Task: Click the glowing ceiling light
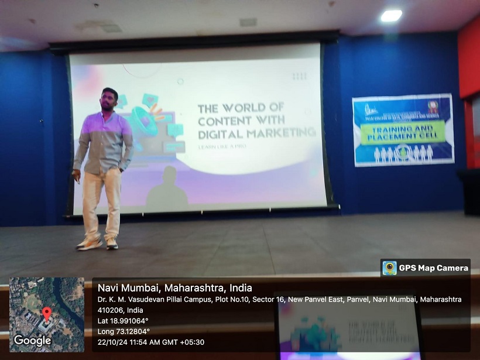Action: tap(391, 16)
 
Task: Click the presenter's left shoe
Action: tap(111, 243)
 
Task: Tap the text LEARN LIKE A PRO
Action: tap(222, 146)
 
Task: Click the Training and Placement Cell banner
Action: tap(403, 129)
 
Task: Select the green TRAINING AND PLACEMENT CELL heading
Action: tap(403, 133)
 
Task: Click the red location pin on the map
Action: tap(47, 313)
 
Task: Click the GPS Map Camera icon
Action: tap(389, 268)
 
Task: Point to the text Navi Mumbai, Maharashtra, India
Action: tap(174, 288)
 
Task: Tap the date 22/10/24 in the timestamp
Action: tap(112, 342)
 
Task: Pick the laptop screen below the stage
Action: tap(349, 328)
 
